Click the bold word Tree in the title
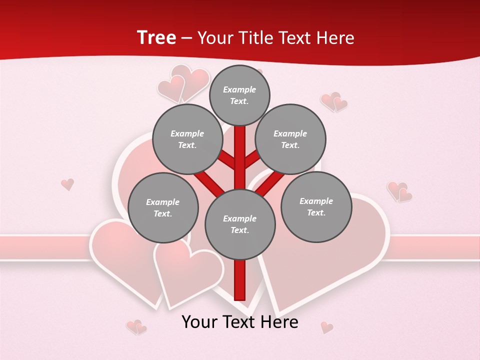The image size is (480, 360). pos(156,37)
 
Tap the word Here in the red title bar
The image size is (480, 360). pos(334,38)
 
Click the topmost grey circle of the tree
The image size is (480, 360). pos(239,95)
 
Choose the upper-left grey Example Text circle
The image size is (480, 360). pos(187,139)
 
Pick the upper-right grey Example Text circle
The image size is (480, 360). pos(290,139)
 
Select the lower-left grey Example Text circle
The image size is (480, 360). pos(163,207)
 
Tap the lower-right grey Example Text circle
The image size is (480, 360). pos(316,206)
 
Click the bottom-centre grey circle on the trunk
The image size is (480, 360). pos(240,224)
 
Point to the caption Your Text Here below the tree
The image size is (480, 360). pos(240,322)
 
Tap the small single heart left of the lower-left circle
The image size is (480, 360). pos(67,184)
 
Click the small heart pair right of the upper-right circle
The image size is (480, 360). pos(334,101)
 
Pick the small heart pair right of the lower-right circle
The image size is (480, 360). pos(399,191)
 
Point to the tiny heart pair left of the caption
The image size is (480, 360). pos(136,327)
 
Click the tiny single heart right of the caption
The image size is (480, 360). pos(327,327)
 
